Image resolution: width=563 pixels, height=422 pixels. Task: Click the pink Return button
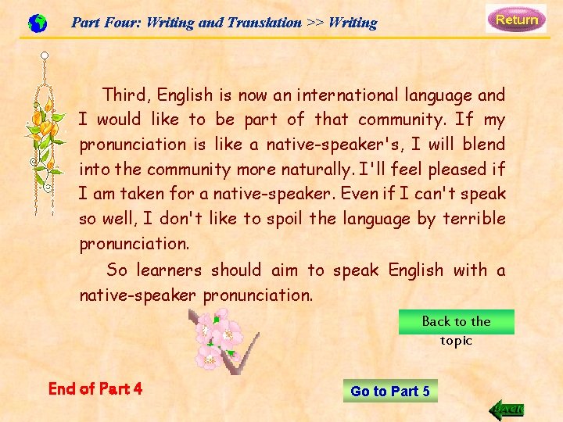[x=516, y=19]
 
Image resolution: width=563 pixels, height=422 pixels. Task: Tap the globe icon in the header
[x=37, y=23]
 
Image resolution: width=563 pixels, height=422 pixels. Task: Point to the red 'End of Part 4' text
[x=95, y=388]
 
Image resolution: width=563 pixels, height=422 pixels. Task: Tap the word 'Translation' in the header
[x=263, y=23]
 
